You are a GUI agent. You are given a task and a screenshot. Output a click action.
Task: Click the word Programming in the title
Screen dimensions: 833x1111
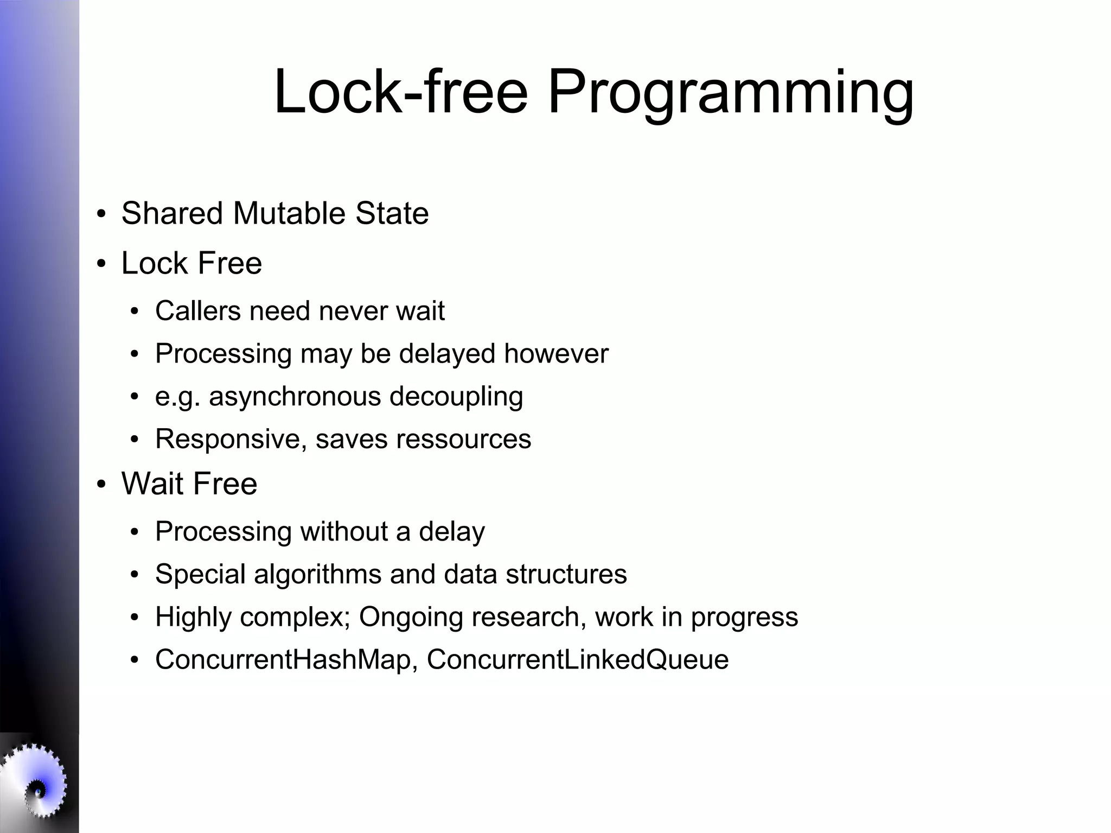pyautogui.click(x=730, y=92)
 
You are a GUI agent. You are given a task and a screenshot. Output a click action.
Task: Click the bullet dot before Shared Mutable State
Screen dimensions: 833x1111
pyautogui.click(x=101, y=214)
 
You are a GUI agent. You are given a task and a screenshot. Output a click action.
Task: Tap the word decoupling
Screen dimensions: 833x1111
pyautogui.click(x=456, y=397)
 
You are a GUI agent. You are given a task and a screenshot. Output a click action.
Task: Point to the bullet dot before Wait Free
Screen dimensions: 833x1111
pyautogui.click(x=101, y=484)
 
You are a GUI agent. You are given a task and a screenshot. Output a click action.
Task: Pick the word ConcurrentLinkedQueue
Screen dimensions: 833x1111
pyautogui.click(x=578, y=660)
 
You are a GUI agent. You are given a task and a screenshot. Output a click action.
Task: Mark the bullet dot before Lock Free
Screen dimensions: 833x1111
pyautogui.click(x=101, y=264)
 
